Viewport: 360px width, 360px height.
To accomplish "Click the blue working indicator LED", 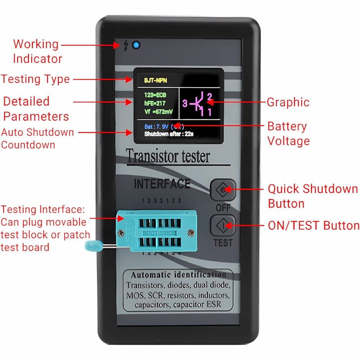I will pos(136,46).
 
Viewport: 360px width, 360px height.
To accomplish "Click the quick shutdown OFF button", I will pos(223,190).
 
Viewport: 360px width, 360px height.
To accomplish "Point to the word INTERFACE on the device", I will pos(162,184).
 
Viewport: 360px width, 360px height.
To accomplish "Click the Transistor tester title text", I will pos(168,157).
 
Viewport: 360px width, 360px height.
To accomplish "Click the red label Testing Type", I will pos(35,79).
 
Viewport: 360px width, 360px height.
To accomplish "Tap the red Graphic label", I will pos(288,102).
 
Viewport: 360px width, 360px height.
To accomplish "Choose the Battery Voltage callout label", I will pos(288,134).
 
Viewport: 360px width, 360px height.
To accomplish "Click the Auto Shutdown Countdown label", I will pos(37,138).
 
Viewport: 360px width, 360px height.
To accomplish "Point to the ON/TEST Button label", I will pos(314,226).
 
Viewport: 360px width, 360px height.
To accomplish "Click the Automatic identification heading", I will pos(178,275).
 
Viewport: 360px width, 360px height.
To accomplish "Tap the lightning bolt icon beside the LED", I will pos(126,46).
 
